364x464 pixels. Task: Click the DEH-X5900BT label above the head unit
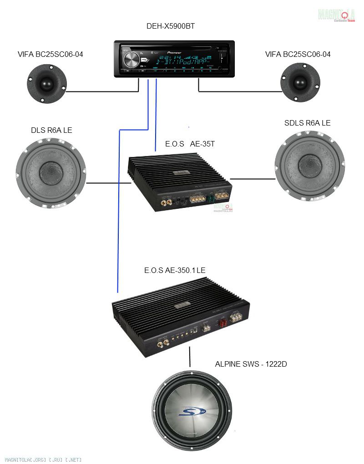coord(171,26)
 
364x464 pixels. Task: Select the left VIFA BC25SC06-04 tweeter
coord(46,83)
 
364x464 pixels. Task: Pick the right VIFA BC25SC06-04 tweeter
coord(299,82)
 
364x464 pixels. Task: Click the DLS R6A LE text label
coord(51,131)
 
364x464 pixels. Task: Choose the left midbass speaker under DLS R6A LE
coord(51,173)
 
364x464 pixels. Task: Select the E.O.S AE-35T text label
coord(190,144)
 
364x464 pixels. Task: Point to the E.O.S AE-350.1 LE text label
coord(175,270)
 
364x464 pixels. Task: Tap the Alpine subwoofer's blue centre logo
coord(191,411)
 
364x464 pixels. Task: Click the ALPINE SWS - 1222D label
coord(251,364)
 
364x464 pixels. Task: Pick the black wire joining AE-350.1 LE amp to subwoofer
coord(190,359)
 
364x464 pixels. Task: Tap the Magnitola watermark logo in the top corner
coord(337,15)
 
